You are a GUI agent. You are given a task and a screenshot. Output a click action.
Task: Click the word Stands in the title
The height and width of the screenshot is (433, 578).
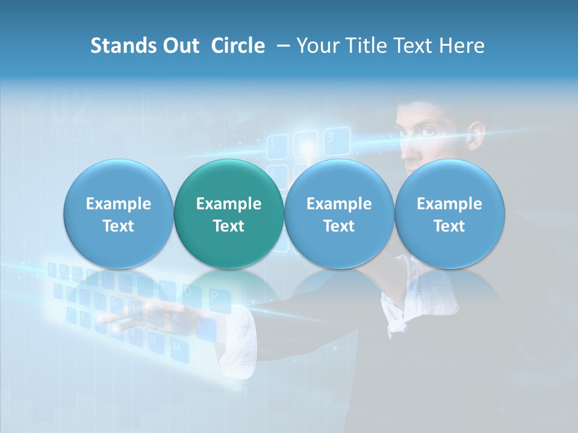tap(123, 46)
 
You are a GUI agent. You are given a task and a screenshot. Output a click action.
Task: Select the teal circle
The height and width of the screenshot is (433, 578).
tap(229, 213)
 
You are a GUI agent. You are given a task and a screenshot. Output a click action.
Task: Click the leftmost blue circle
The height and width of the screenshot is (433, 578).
tap(119, 213)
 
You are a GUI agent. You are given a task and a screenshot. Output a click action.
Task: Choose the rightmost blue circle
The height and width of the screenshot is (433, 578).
tap(449, 213)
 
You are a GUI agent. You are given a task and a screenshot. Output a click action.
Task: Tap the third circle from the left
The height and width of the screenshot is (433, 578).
tap(339, 213)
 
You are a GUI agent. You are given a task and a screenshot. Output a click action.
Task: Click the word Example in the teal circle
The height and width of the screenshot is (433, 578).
tap(229, 204)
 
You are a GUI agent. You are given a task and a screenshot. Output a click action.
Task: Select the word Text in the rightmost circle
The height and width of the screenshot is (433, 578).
tap(449, 226)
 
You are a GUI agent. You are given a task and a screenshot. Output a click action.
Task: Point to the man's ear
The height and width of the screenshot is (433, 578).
tap(476, 136)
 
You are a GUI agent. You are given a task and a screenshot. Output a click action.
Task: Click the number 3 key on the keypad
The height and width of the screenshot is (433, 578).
tap(329, 137)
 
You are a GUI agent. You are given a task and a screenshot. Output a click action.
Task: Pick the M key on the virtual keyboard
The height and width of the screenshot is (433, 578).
tap(176, 347)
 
